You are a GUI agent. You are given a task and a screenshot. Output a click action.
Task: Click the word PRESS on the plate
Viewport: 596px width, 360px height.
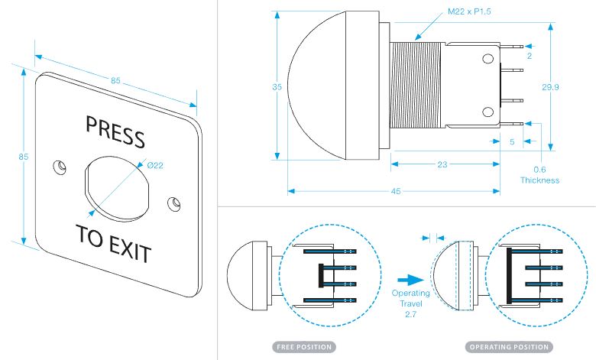pyautogui.click(x=115, y=131)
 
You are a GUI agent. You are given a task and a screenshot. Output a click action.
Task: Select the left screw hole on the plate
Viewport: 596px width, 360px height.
pyautogui.click(x=59, y=166)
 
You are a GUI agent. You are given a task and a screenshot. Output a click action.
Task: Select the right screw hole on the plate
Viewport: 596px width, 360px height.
pyautogui.click(x=176, y=203)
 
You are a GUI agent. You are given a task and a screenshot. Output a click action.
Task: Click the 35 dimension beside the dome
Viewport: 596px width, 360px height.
pyautogui.click(x=277, y=87)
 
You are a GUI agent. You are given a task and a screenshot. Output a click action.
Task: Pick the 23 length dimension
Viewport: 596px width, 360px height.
pyautogui.click(x=444, y=164)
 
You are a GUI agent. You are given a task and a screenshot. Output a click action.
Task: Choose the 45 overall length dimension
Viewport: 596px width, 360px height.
pyautogui.click(x=395, y=191)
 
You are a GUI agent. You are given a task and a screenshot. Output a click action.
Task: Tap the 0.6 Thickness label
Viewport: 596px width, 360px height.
pyautogui.click(x=539, y=175)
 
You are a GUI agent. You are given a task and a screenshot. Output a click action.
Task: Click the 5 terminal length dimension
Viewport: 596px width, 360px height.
pyautogui.click(x=511, y=141)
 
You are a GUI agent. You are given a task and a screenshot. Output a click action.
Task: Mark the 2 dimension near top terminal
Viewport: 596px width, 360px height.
pyautogui.click(x=528, y=56)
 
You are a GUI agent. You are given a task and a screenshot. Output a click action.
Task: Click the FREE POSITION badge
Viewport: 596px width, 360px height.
pyautogui.click(x=303, y=347)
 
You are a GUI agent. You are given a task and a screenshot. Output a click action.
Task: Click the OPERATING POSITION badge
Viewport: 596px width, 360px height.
pyautogui.click(x=508, y=347)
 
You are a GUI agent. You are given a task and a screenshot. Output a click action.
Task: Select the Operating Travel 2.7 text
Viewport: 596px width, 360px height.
pyautogui.click(x=410, y=303)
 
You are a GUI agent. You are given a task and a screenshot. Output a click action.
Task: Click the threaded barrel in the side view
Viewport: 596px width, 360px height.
pyautogui.click(x=417, y=83)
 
